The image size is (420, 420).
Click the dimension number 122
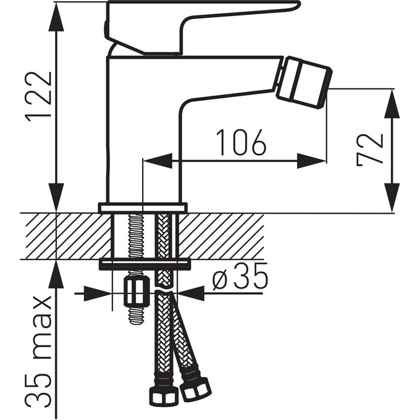tap(38, 97)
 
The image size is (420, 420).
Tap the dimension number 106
tap(241, 142)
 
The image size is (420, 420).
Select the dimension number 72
tap(370, 149)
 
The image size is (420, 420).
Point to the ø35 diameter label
tap(240, 276)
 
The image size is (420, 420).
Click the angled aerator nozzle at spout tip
tap(304, 83)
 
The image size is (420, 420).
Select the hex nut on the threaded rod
tap(137, 292)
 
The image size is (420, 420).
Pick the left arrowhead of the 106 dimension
tap(157, 161)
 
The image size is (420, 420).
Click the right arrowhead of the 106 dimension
tap(311, 161)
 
